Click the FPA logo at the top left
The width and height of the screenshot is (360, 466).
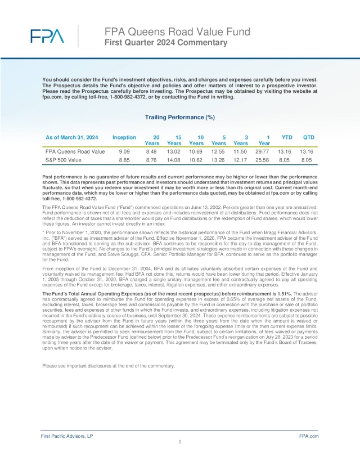pyautogui.click(x=47, y=37)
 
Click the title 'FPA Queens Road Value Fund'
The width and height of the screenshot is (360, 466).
pyautogui.click(x=163, y=32)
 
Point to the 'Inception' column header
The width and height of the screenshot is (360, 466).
pyautogui.click(x=124, y=137)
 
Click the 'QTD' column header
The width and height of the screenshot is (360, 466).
pyautogui.click(x=309, y=137)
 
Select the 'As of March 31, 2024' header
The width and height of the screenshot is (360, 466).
pyautogui.click(x=72, y=137)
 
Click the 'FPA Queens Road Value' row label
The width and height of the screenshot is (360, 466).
pyautogui.click(x=75, y=151)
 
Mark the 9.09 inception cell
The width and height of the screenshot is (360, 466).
pyautogui.click(x=124, y=151)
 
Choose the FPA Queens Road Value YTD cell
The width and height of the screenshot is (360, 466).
pyautogui.click(x=286, y=151)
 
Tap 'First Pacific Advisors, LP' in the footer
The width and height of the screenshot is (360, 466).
pyautogui.click(x=67, y=436)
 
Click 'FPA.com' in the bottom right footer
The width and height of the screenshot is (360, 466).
pyautogui.click(x=309, y=436)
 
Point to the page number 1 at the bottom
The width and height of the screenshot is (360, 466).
pyautogui.click(x=179, y=442)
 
